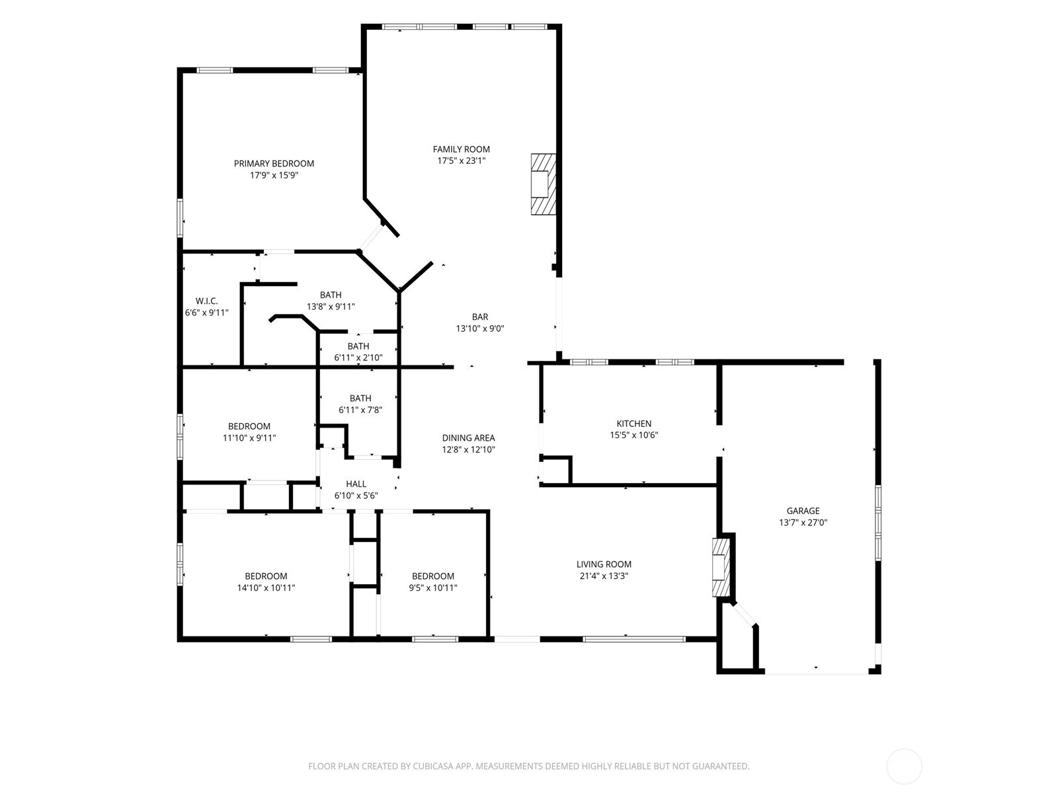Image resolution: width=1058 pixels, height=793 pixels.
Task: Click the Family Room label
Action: click(x=461, y=149)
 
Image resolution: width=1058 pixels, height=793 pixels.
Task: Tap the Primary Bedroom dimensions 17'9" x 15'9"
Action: click(x=274, y=175)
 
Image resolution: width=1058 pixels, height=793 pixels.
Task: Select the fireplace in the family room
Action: click(x=544, y=184)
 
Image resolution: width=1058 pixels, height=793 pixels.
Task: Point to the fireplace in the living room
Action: click(x=721, y=568)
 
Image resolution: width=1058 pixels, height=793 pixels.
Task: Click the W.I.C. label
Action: click(x=206, y=301)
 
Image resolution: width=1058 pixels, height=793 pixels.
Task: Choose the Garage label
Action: click(x=803, y=511)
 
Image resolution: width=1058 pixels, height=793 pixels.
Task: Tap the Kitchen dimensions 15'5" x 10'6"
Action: click(x=634, y=435)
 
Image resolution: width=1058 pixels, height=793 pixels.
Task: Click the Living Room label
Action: click(x=604, y=564)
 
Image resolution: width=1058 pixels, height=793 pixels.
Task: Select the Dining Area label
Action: click(x=469, y=438)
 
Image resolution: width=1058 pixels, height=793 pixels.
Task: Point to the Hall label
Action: click(x=356, y=484)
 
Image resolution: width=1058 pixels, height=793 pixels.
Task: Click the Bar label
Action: click(x=479, y=317)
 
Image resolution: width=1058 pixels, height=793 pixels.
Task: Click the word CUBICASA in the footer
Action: click(x=433, y=766)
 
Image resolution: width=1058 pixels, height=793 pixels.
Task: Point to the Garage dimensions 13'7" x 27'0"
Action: click(x=803, y=523)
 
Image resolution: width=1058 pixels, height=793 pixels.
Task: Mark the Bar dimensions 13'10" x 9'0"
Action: click(x=479, y=329)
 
